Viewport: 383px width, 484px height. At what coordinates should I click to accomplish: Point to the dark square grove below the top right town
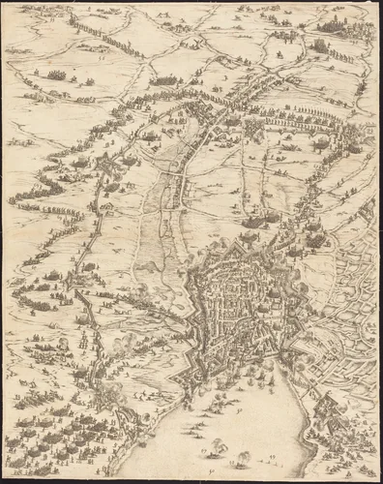coord(319,45)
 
